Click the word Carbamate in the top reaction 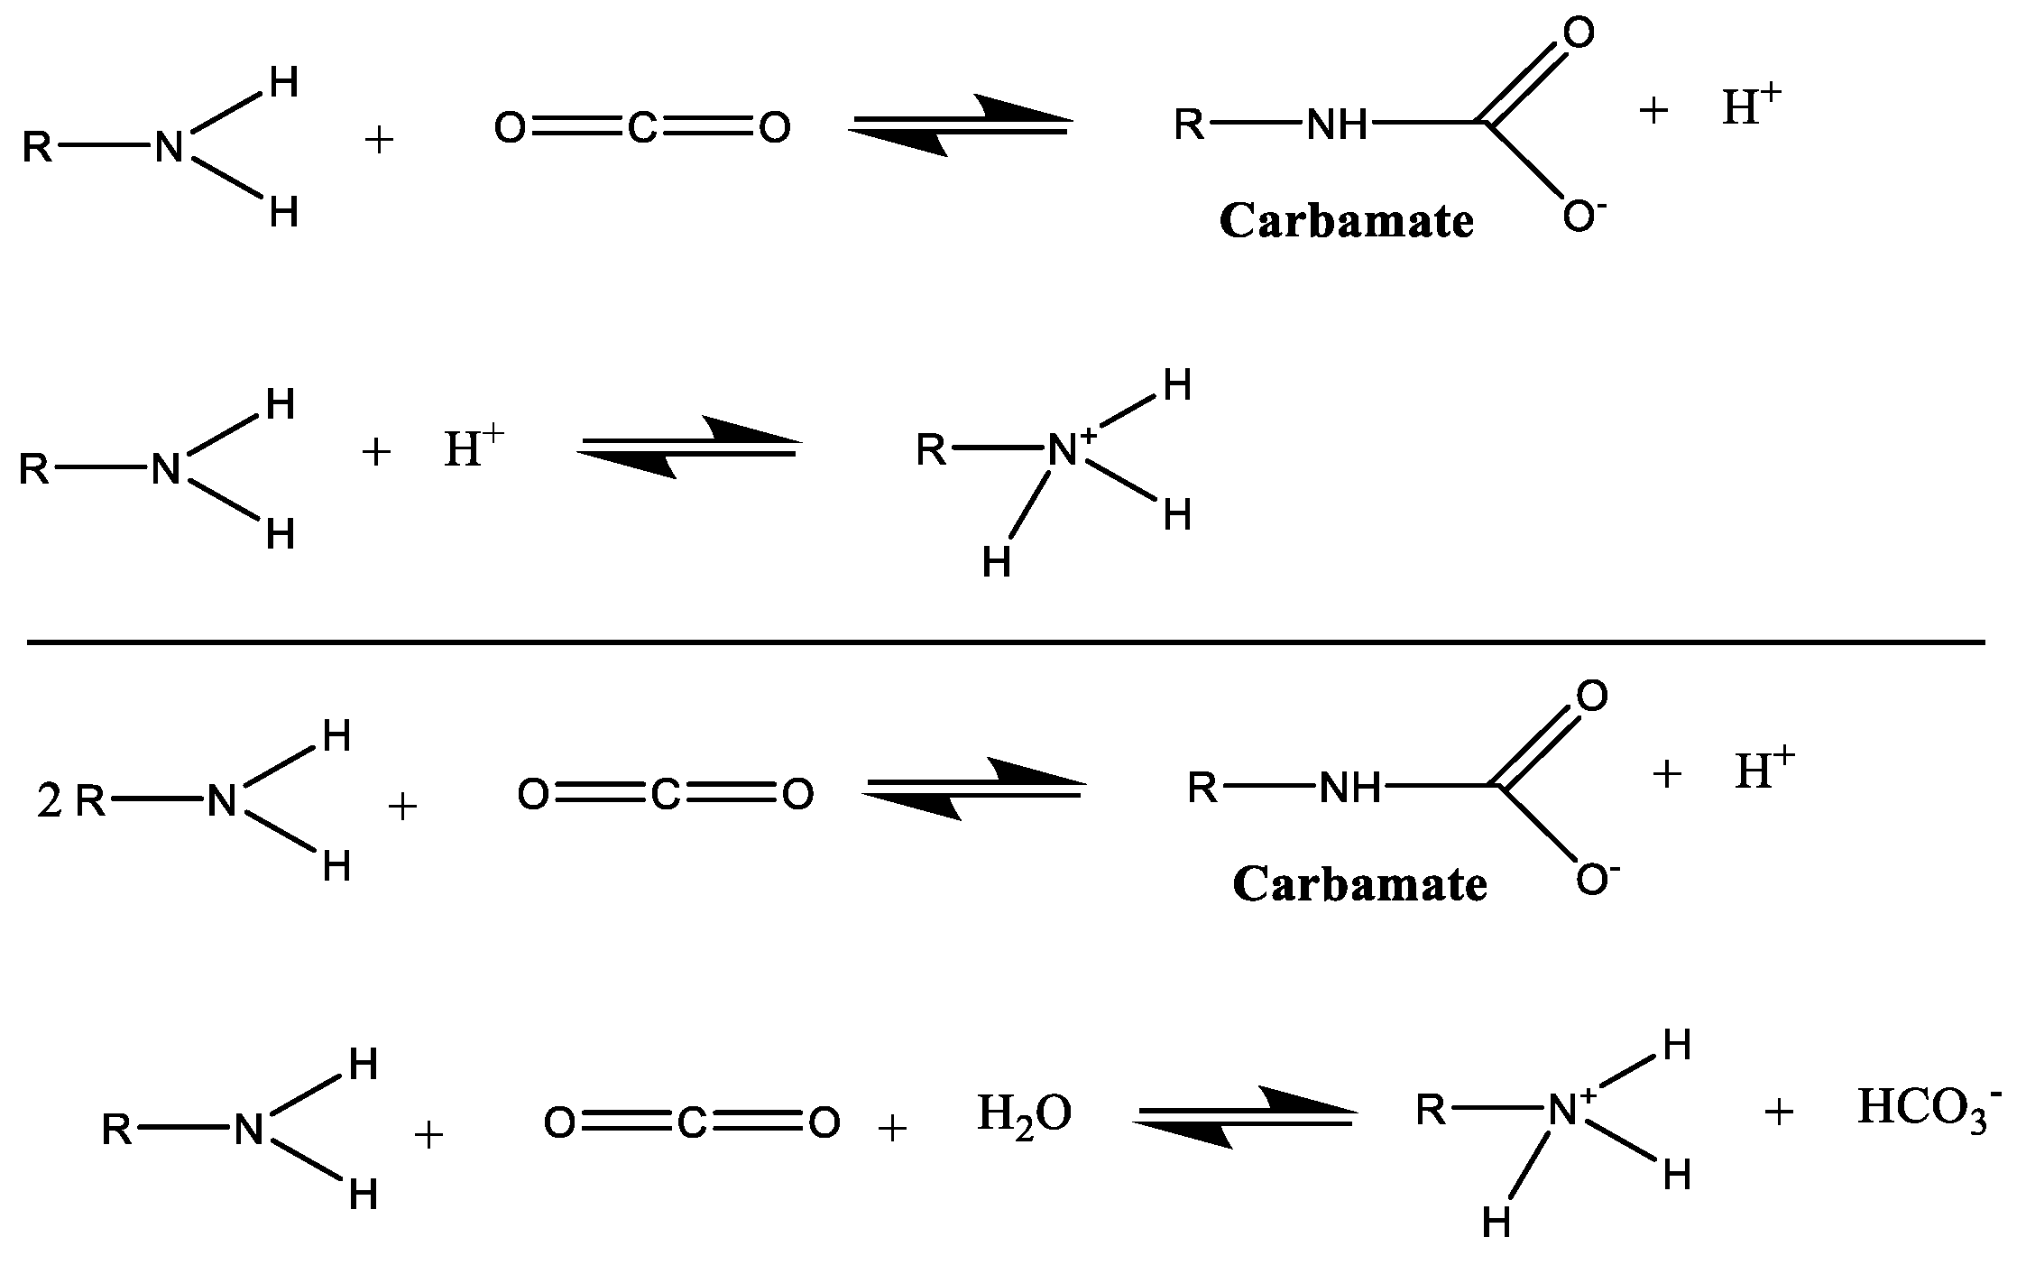pyautogui.click(x=1346, y=222)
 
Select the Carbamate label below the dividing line pyautogui.click(x=1359, y=885)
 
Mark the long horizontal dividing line pyautogui.click(x=1006, y=642)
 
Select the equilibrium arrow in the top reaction pyautogui.click(x=960, y=125)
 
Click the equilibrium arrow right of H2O pyautogui.click(x=1243, y=1116)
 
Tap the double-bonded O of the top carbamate pyautogui.click(x=1578, y=33)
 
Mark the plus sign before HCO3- pyautogui.click(x=1778, y=1113)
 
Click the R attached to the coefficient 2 pyautogui.click(x=90, y=801)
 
